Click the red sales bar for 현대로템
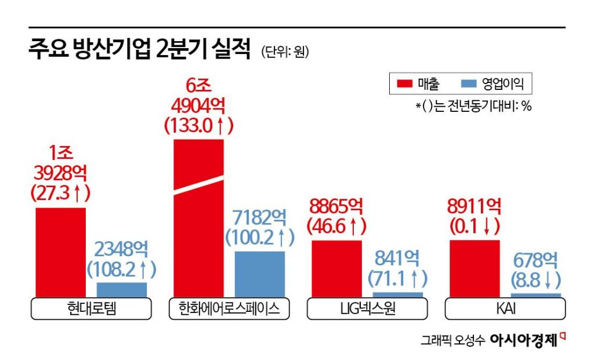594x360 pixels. coord(61,253)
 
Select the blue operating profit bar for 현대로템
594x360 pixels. coord(121,290)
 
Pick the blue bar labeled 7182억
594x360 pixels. coord(259,274)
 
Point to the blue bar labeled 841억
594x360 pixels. coord(398,294)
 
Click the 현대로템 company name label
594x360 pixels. coord(92,309)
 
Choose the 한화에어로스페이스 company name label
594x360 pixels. coord(229,309)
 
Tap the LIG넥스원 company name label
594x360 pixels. coord(367,309)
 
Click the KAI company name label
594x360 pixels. coord(505,309)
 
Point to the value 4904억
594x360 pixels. coord(198,106)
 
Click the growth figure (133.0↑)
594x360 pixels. coord(198,125)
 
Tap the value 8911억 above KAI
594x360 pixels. coord(475,206)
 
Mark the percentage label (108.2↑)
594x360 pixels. coord(121,269)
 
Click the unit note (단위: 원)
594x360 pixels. coord(285,52)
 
